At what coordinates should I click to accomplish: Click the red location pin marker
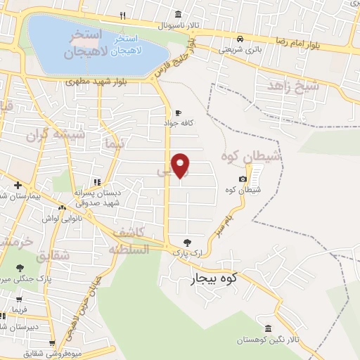tap(181, 165)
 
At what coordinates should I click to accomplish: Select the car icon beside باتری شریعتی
tap(240, 39)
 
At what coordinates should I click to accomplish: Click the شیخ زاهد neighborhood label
tap(293, 85)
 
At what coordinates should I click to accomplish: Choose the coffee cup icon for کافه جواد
tap(178, 112)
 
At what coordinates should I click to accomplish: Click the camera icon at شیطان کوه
tap(243, 179)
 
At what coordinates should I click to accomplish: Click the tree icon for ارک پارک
tap(186, 242)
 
